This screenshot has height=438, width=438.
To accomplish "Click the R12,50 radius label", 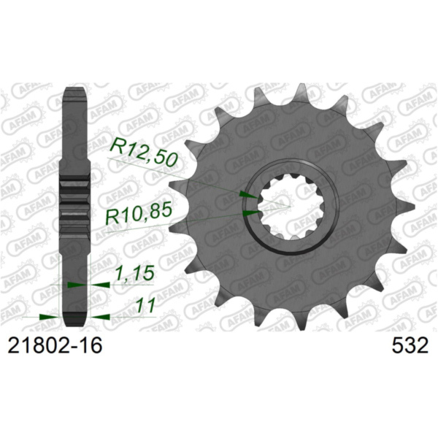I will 142,150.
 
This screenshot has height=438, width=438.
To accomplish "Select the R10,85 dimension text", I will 139,216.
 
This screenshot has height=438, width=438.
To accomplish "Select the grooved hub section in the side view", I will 75,204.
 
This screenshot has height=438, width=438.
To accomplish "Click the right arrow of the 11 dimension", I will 100,317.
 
